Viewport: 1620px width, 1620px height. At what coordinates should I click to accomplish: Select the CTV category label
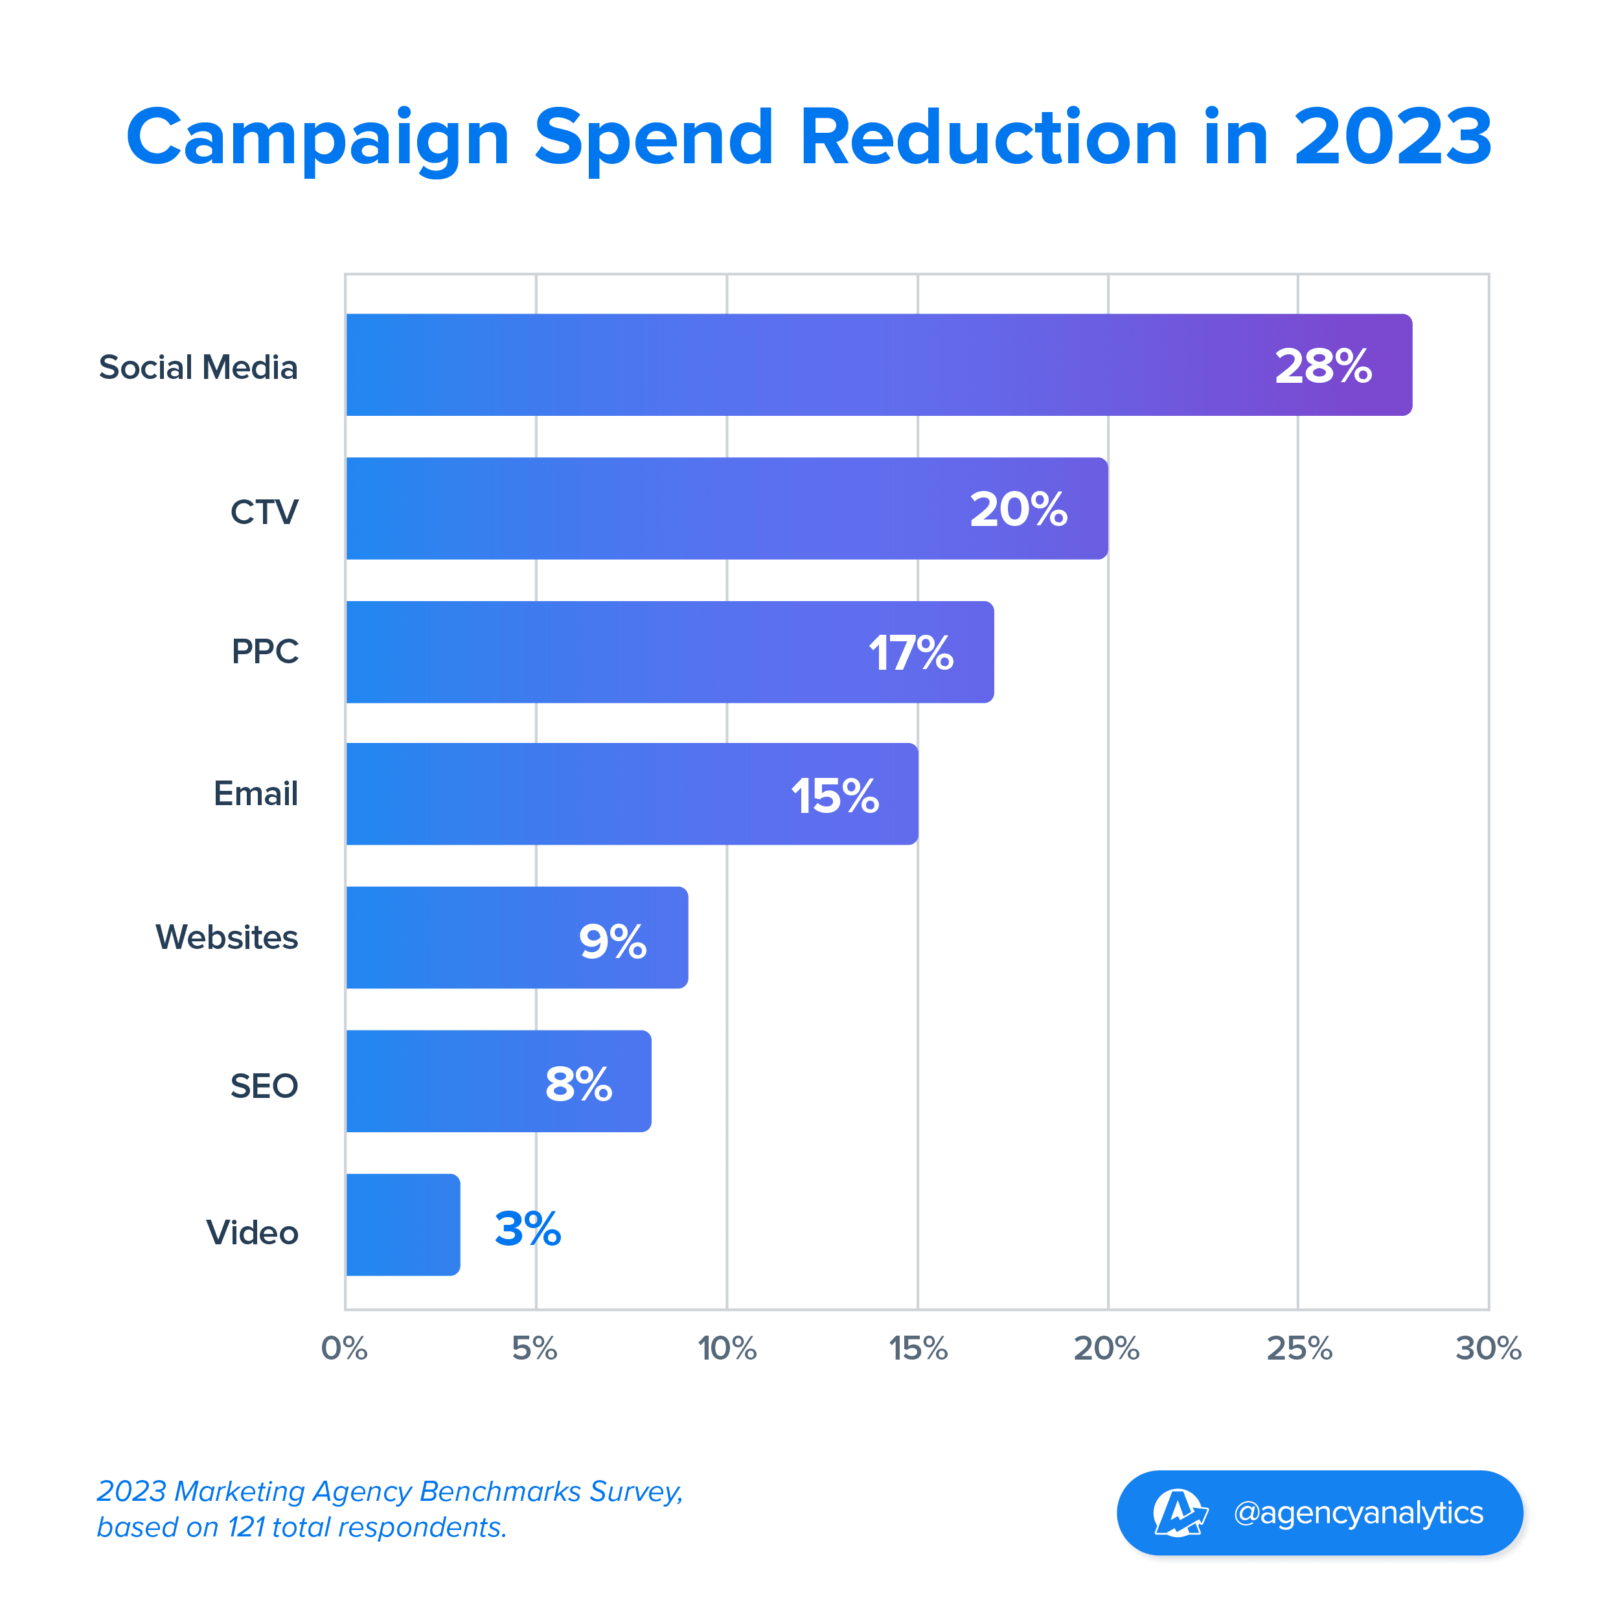264,512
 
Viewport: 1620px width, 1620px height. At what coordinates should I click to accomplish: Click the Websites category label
227,937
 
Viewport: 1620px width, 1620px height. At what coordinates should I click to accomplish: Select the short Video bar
402,1224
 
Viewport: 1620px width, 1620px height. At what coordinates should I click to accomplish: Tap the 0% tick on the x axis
344,1349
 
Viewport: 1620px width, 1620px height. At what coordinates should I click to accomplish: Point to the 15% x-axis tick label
918,1349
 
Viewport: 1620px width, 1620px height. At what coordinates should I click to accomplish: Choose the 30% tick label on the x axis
1489,1349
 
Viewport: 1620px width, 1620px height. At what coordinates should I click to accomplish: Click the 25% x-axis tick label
1299,1349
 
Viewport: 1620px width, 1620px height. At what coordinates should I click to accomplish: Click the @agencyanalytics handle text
1358,1512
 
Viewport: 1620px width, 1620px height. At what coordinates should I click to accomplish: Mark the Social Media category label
199,367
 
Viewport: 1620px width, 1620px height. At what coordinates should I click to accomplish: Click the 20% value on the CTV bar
1018,509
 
